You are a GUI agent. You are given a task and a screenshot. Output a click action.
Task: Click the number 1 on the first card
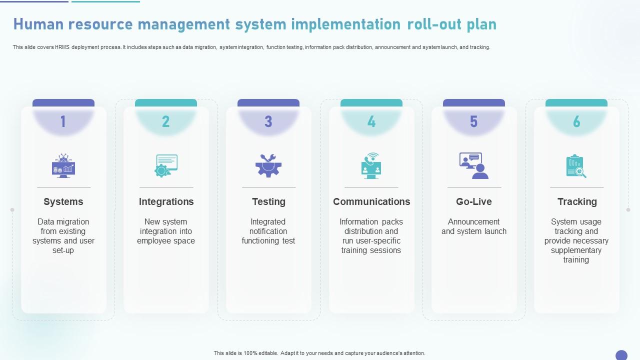coord(63,121)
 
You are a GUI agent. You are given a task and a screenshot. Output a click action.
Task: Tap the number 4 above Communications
coord(371,121)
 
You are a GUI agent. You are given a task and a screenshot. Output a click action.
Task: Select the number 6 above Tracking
coord(576,121)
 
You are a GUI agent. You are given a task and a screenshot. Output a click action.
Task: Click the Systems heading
coord(63,201)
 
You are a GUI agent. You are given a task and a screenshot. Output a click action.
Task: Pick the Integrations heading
coord(166,201)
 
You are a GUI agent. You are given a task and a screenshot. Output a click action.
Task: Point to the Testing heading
coord(268,201)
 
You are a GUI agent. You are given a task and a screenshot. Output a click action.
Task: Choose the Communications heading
coord(371,201)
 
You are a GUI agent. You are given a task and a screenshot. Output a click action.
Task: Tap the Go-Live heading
coord(473,201)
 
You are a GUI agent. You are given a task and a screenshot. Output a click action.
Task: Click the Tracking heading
coord(577,201)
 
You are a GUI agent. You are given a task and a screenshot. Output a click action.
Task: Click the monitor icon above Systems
coord(63,166)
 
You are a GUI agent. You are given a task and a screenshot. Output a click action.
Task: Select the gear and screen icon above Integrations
coord(166,166)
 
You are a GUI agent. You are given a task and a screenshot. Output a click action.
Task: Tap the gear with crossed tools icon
coord(268,165)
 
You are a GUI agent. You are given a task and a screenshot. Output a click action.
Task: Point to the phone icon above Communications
coord(371,165)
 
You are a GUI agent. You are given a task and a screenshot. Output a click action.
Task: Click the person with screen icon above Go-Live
coord(473,165)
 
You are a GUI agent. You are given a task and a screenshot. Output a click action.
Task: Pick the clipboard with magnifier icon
coord(576,166)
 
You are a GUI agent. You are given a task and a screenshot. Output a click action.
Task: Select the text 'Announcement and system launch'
coord(473,226)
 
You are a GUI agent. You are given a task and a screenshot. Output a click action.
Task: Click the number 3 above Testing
coord(268,121)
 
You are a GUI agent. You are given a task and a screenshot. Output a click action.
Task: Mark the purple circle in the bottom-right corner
coord(621,355)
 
